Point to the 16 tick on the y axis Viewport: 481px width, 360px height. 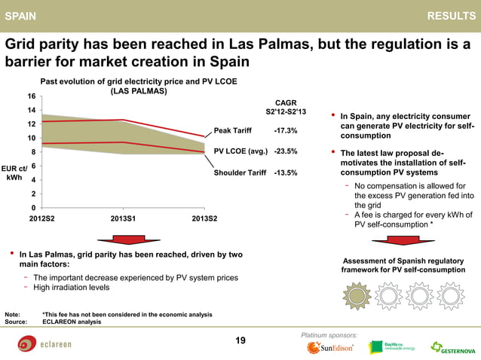tap(31, 96)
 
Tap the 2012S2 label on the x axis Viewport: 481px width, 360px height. tap(41, 218)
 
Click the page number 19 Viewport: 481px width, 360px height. tap(240, 341)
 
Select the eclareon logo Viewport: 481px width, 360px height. tap(45, 344)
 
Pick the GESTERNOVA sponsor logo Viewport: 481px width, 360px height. tap(452, 348)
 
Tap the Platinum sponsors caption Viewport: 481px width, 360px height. tap(329, 334)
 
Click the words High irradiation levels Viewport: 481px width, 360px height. tap(71, 288)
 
